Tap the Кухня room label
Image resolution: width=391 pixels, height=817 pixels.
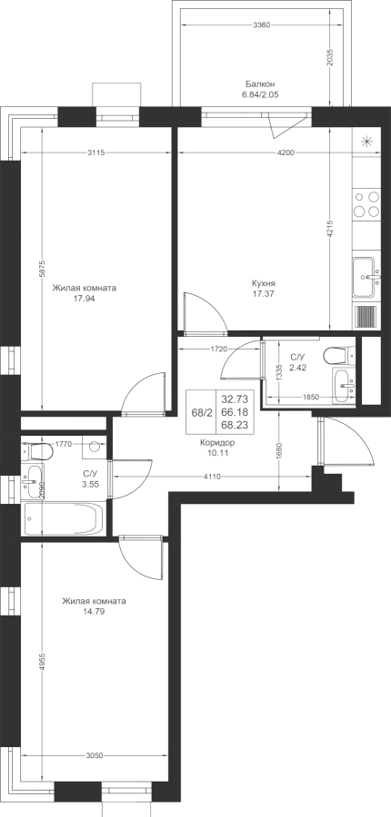[x=263, y=283]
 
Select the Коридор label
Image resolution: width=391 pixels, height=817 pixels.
[x=217, y=443]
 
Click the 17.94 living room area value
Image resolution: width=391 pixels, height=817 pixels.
[x=84, y=299]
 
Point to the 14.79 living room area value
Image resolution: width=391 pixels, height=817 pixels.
[x=94, y=612]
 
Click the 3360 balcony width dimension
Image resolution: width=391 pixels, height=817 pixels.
[x=261, y=25]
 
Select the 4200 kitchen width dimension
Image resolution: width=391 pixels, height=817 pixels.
[x=285, y=153]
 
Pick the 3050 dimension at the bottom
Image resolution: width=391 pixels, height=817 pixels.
[x=95, y=755]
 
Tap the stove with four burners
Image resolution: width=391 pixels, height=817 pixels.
[x=366, y=203]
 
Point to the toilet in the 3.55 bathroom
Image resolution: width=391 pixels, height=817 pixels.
[x=36, y=450]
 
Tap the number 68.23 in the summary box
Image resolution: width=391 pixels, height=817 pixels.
[x=235, y=425]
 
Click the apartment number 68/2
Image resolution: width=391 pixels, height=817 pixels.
[x=202, y=412]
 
